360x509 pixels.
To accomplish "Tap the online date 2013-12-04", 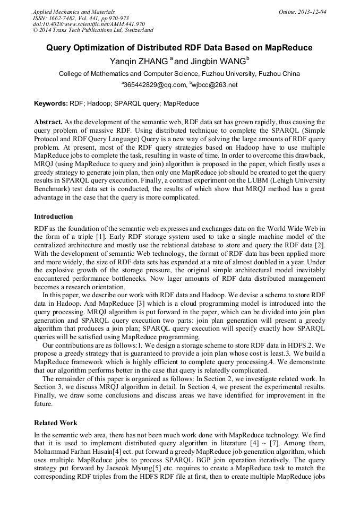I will pyautogui.click(x=313, y=11).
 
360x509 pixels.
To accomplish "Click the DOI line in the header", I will pyautogui.click(x=89, y=24).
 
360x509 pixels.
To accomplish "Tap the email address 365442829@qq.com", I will pyautogui.click(x=156, y=85).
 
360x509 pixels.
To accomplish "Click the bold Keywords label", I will pyautogui.click(x=50, y=103).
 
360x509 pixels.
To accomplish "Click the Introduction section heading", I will pyautogui.click(x=54, y=217).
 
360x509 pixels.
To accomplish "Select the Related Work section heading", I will pyautogui.click(x=56, y=423).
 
